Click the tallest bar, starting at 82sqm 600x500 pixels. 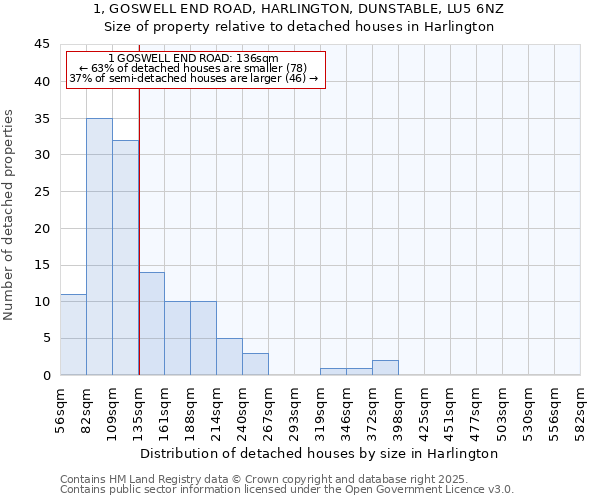point(99,247)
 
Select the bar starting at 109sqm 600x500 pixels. point(125,258)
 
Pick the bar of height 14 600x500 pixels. point(151,324)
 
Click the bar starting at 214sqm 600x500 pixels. point(229,357)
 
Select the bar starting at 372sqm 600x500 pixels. point(385,368)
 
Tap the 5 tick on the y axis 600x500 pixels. point(47,338)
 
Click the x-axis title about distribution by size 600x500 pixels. point(319,453)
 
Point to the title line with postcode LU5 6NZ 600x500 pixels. point(299,9)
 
